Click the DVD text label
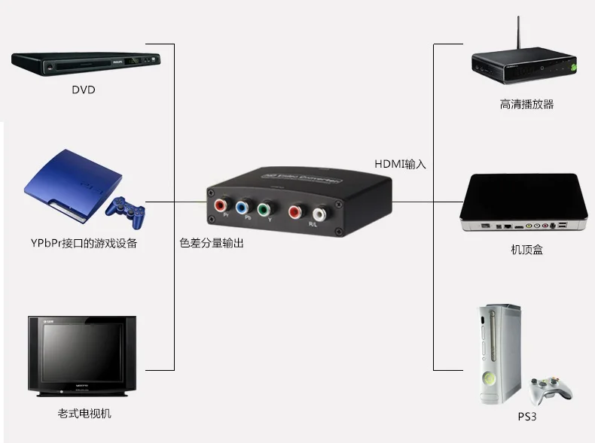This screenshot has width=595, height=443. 84,90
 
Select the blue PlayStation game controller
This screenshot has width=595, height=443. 124,211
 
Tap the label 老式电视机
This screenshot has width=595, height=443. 84,413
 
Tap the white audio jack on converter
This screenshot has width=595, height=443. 319,214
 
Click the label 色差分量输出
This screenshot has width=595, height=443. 212,243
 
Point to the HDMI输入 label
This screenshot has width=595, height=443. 401,164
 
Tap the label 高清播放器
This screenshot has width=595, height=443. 526,105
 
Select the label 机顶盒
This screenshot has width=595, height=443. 526,250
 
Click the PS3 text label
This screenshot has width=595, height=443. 527,416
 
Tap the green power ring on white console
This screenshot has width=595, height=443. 489,378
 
